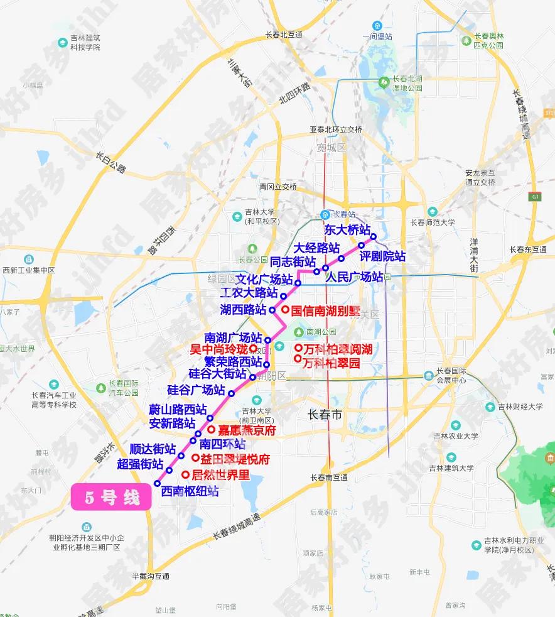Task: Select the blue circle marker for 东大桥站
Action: pos(373,237)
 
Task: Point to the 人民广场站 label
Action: pos(355,277)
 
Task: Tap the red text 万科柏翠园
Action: pos(331,363)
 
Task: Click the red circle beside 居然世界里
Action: pos(185,474)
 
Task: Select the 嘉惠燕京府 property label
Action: pos(247,431)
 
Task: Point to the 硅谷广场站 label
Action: pos(196,390)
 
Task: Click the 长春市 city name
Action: pos(325,415)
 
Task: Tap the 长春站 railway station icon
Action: pos(325,214)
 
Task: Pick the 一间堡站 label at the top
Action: pos(377,37)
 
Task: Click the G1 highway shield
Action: pos(536,197)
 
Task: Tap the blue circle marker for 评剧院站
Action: pos(362,246)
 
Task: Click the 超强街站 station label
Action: pos(141,464)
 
